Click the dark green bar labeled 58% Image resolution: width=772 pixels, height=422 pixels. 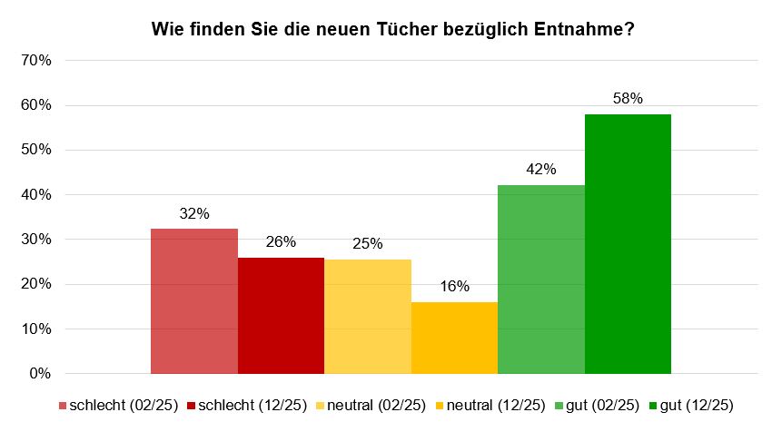coord(628,244)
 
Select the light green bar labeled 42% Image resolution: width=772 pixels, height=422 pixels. coord(541,280)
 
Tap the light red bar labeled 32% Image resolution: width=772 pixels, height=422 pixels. coord(194,301)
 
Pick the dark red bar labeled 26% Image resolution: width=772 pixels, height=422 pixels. coord(282,316)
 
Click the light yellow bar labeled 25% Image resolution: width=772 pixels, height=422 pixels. coord(368,317)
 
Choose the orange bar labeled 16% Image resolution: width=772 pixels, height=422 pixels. coord(454,338)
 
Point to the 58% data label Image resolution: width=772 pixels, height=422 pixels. coord(628,98)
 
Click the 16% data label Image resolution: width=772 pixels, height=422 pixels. coord(454,286)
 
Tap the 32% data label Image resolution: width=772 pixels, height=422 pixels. coord(194,213)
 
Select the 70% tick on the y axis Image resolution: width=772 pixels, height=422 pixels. coord(36,61)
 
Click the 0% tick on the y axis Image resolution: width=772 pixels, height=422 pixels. coord(40,373)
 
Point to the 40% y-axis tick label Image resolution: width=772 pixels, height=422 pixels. coord(36,195)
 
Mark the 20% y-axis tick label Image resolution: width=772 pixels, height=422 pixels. coord(36,284)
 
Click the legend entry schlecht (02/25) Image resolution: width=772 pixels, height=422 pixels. coord(118,406)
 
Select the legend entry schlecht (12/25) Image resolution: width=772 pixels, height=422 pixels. coord(247,406)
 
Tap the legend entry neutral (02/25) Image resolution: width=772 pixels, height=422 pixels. coord(371,406)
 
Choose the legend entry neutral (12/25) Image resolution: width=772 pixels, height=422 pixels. coord(490,406)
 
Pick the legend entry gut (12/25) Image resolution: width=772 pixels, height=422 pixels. coord(691,406)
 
